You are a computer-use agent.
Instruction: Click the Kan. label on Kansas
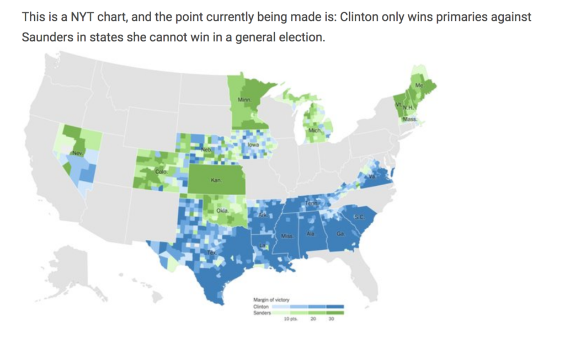tap(216, 180)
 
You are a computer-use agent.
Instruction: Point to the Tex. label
tap(211, 252)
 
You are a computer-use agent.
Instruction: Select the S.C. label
tap(358, 217)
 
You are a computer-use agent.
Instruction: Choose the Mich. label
tap(315, 130)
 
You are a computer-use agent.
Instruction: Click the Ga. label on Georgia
tap(340, 234)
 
